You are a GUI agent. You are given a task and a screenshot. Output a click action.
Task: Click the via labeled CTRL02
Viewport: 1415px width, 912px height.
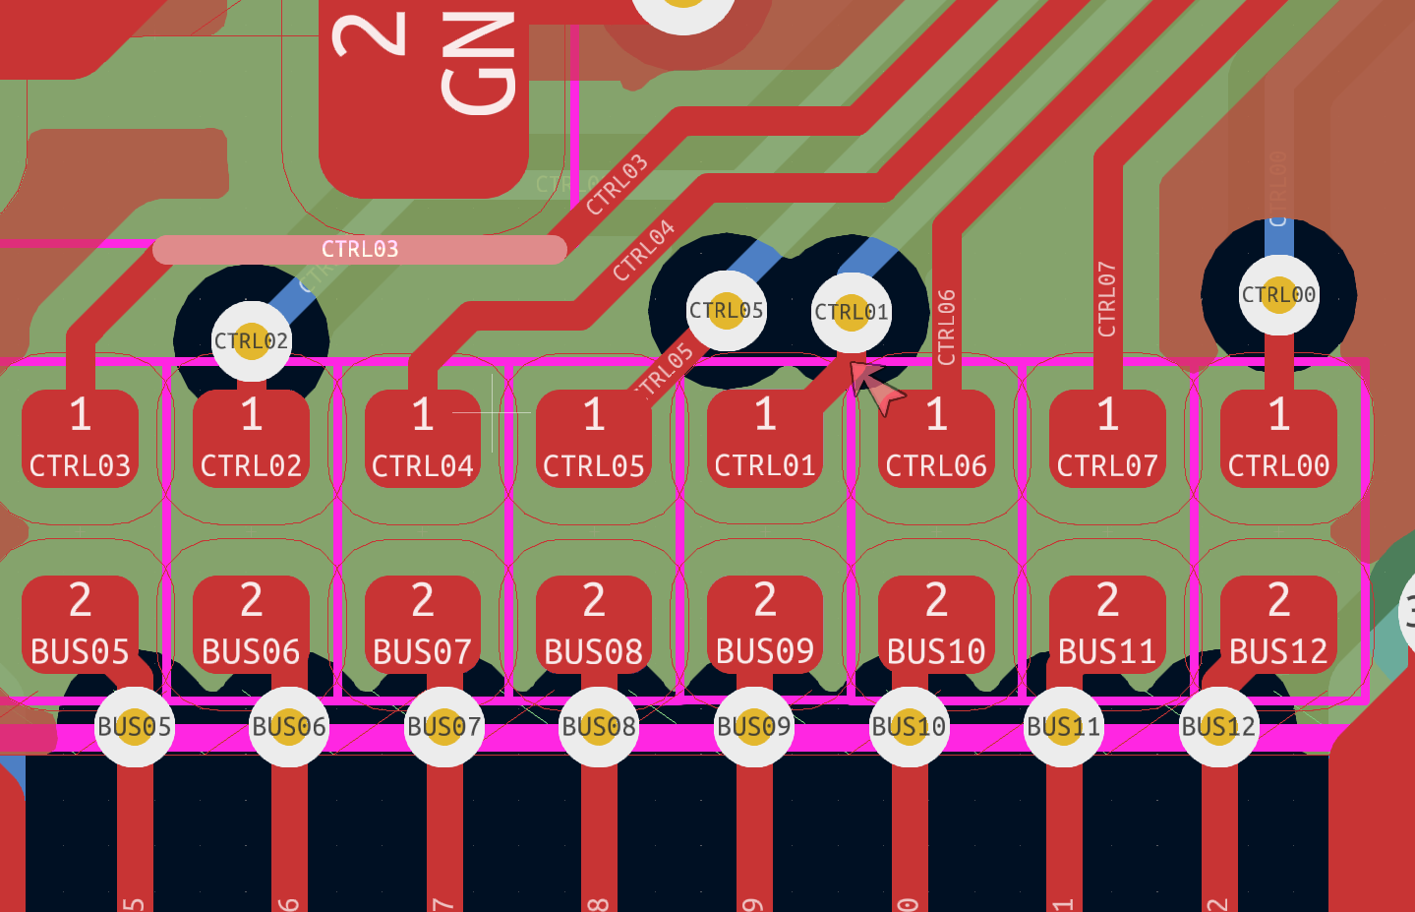coord(252,341)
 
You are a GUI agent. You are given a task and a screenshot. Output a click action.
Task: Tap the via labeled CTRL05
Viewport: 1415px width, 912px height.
coord(727,311)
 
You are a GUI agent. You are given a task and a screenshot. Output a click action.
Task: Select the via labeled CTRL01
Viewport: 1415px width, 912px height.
coord(852,313)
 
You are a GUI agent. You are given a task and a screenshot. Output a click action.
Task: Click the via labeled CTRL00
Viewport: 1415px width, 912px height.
coord(1278,295)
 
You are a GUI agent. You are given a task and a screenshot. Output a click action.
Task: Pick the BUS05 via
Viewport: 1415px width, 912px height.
coord(135,727)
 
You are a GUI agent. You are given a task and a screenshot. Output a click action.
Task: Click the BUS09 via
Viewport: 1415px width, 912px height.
coord(754,727)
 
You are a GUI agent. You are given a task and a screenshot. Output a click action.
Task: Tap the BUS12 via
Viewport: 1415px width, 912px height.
coord(1218,727)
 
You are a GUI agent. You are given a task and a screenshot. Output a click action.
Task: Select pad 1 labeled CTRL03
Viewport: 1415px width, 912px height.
coord(80,438)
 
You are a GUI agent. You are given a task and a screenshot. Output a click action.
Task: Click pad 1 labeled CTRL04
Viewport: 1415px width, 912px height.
coord(423,438)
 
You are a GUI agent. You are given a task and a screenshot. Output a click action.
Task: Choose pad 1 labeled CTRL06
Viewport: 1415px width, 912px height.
coord(936,438)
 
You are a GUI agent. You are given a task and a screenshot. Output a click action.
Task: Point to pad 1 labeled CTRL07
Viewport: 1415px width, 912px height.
coord(1107,438)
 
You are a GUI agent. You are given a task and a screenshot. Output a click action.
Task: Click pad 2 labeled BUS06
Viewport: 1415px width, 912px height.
coord(251,624)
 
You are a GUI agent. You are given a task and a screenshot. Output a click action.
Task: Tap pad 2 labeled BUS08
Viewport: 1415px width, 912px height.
coord(594,624)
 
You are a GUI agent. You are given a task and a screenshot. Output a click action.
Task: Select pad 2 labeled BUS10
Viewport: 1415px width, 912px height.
coord(936,624)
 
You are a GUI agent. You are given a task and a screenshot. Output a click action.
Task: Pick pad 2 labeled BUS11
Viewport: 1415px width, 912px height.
coord(1107,624)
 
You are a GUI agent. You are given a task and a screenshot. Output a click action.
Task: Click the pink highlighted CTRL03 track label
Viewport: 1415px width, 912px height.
coord(360,250)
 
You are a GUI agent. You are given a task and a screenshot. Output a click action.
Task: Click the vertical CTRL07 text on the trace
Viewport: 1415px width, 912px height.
coord(1107,299)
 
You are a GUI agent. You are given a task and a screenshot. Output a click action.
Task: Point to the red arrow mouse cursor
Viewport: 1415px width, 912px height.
coord(874,386)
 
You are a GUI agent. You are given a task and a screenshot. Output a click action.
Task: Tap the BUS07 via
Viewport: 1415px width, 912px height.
coord(444,727)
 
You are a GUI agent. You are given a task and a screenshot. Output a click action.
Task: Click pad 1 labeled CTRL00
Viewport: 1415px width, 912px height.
coord(1278,438)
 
